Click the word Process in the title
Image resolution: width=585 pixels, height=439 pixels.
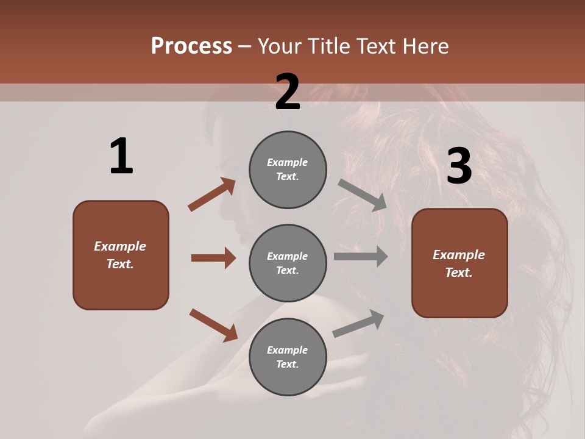191,46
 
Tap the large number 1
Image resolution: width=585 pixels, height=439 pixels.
121,156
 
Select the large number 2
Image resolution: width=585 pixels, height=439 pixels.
288,92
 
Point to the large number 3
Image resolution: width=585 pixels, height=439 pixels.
459,166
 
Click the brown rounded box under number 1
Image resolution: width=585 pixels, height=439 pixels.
121,255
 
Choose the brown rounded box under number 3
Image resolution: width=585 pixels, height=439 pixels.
459,263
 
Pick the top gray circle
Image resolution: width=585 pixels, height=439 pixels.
288,170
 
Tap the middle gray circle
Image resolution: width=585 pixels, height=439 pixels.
288,263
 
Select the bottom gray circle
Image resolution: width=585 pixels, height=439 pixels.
288,357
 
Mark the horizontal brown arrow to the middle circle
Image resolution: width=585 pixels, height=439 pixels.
213,258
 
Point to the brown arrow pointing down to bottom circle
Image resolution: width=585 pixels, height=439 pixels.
213,325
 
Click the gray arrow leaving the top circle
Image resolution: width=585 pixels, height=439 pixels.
363,195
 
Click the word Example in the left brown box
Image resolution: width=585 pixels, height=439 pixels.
120,246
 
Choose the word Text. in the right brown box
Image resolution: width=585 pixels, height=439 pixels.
459,273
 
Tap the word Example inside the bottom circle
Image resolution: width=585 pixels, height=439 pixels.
288,350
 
